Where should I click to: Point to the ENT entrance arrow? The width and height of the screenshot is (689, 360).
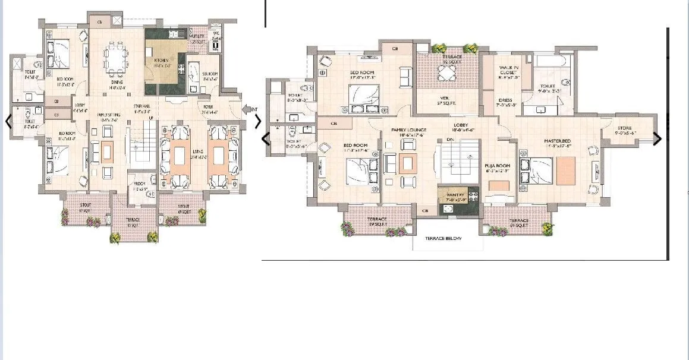click(x=249, y=109)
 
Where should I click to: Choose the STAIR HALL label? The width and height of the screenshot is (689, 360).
click(x=141, y=108)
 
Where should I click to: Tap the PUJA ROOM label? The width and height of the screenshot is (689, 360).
click(x=495, y=168)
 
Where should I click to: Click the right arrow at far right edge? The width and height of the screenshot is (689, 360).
click(x=657, y=139)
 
